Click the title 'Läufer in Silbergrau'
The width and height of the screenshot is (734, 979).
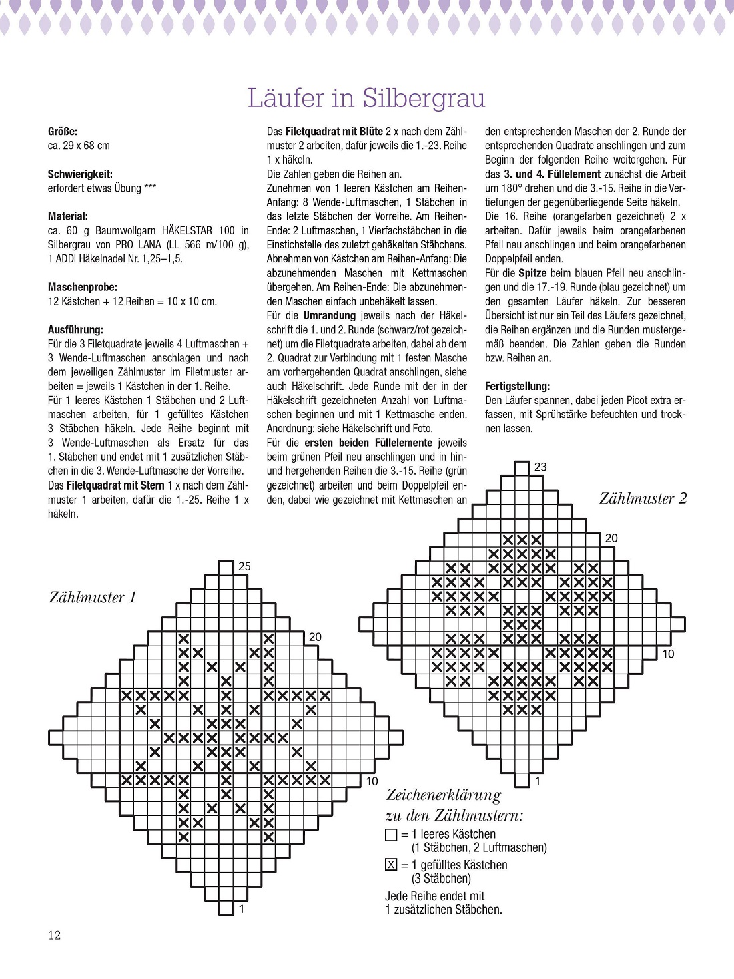tap(366, 98)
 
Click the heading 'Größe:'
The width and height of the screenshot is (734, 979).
tap(63, 131)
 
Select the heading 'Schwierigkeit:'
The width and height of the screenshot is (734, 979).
tap(80, 174)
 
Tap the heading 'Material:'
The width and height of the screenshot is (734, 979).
tap(68, 216)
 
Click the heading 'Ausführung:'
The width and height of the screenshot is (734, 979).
tap(75, 330)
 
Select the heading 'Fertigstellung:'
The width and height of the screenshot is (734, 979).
tap(518, 386)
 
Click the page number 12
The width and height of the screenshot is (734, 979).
tap(54, 935)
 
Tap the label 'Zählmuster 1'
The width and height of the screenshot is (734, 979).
tap(93, 597)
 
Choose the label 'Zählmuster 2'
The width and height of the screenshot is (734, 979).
tap(642, 498)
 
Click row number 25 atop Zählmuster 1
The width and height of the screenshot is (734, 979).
tap(244, 566)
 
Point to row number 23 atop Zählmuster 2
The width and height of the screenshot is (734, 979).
tap(540, 467)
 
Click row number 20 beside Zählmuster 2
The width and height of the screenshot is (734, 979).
tap(611, 538)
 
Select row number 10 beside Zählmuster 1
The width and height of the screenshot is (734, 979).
tap(372, 781)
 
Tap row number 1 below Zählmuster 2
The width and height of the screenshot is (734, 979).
tap(538, 781)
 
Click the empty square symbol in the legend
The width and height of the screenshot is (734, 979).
tap(391, 835)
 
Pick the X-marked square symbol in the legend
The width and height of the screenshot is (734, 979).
tap(391, 865)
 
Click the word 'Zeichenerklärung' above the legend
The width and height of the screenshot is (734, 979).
tap(443, 795)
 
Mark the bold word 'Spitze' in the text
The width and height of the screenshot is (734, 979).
tap(532, 273)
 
